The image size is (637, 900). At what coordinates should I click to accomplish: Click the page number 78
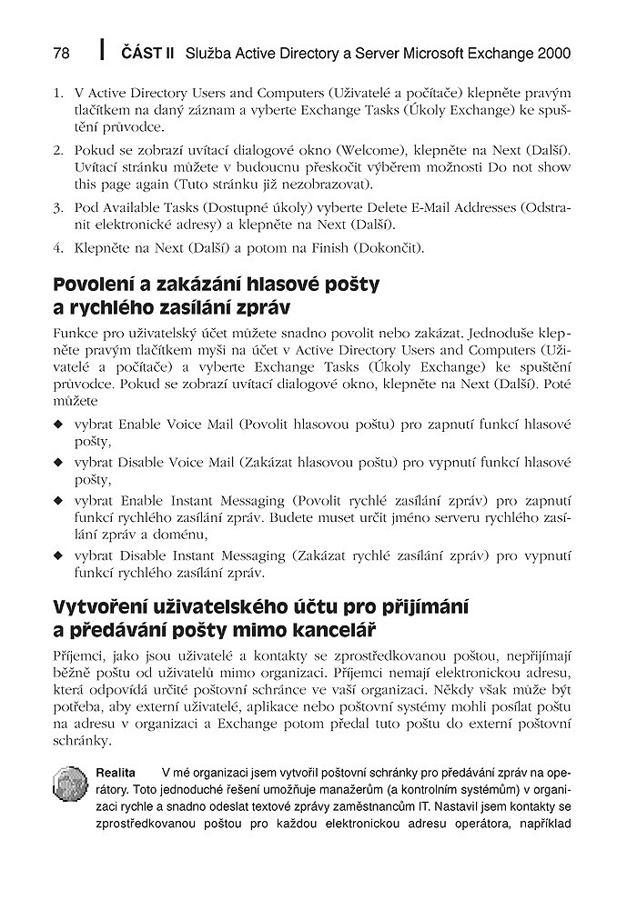[x=62, y=54]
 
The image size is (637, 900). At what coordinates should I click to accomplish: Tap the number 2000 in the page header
[x=553, y=54]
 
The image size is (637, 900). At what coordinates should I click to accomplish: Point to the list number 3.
[x=57, y=208]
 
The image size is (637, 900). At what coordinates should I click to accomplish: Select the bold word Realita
[x=116, y=773]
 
